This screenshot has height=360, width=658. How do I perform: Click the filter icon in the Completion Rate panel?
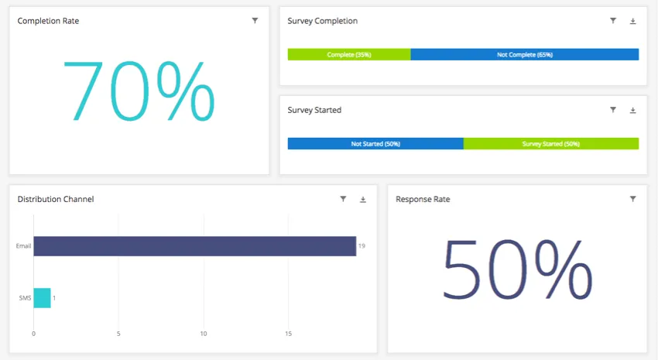(255, 21)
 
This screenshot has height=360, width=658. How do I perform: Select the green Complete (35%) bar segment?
(349, 55)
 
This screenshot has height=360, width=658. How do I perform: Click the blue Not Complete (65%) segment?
(525, 55)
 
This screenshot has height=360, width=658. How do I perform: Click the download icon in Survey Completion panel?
(632, 21)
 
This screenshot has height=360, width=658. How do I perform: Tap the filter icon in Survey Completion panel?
(613, 21)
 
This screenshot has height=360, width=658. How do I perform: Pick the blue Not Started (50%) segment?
(375, 144)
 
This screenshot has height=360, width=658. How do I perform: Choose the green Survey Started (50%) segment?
(551, 144)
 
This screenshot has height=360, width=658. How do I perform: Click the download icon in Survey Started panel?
(632, 110)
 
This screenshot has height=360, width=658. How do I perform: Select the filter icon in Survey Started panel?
(613, 110)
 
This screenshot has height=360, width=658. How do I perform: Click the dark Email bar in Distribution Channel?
(194, 246)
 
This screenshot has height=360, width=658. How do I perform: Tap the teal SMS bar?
(42, 298)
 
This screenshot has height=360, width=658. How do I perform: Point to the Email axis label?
(23, 246)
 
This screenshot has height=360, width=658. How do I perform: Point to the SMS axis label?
(25, 298)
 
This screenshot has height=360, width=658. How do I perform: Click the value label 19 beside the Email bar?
(362, 246)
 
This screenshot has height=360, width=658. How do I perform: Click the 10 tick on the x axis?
(204, 334)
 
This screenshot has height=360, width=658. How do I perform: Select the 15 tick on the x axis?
(288, 334)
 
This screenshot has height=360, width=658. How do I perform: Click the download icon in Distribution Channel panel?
(363, 199)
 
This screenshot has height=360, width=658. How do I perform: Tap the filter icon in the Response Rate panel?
(632, 199)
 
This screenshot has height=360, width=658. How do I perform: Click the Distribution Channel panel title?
(56, 199)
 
